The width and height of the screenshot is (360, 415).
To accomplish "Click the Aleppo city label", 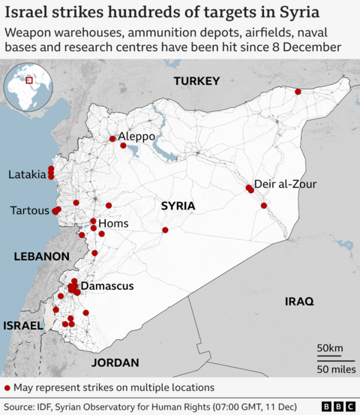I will coord(136,137).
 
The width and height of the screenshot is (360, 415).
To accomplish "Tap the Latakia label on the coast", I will coord(27,174).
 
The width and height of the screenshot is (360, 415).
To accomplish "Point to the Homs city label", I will coord(114,224).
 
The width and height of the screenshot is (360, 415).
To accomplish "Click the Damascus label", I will coord(107,286).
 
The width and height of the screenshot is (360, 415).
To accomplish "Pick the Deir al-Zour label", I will coord(286,184).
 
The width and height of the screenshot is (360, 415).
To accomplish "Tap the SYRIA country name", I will coord(178,206).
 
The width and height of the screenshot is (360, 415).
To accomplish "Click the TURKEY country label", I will coord(196,81).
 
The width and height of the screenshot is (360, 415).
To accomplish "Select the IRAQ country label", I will coord(298,301).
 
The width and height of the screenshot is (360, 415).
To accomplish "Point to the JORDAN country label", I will coord(115,362).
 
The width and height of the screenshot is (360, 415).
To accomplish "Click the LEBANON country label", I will coord(42,256).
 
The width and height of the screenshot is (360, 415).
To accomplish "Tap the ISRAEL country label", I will coord(23,326).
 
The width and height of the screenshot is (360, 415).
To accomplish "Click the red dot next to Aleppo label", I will coord(112,138).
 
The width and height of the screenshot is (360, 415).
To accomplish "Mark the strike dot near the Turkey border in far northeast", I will coord(298,92).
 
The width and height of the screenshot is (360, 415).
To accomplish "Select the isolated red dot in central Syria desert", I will coord(165,230).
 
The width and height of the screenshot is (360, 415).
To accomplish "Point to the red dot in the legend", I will coord(7,387).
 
